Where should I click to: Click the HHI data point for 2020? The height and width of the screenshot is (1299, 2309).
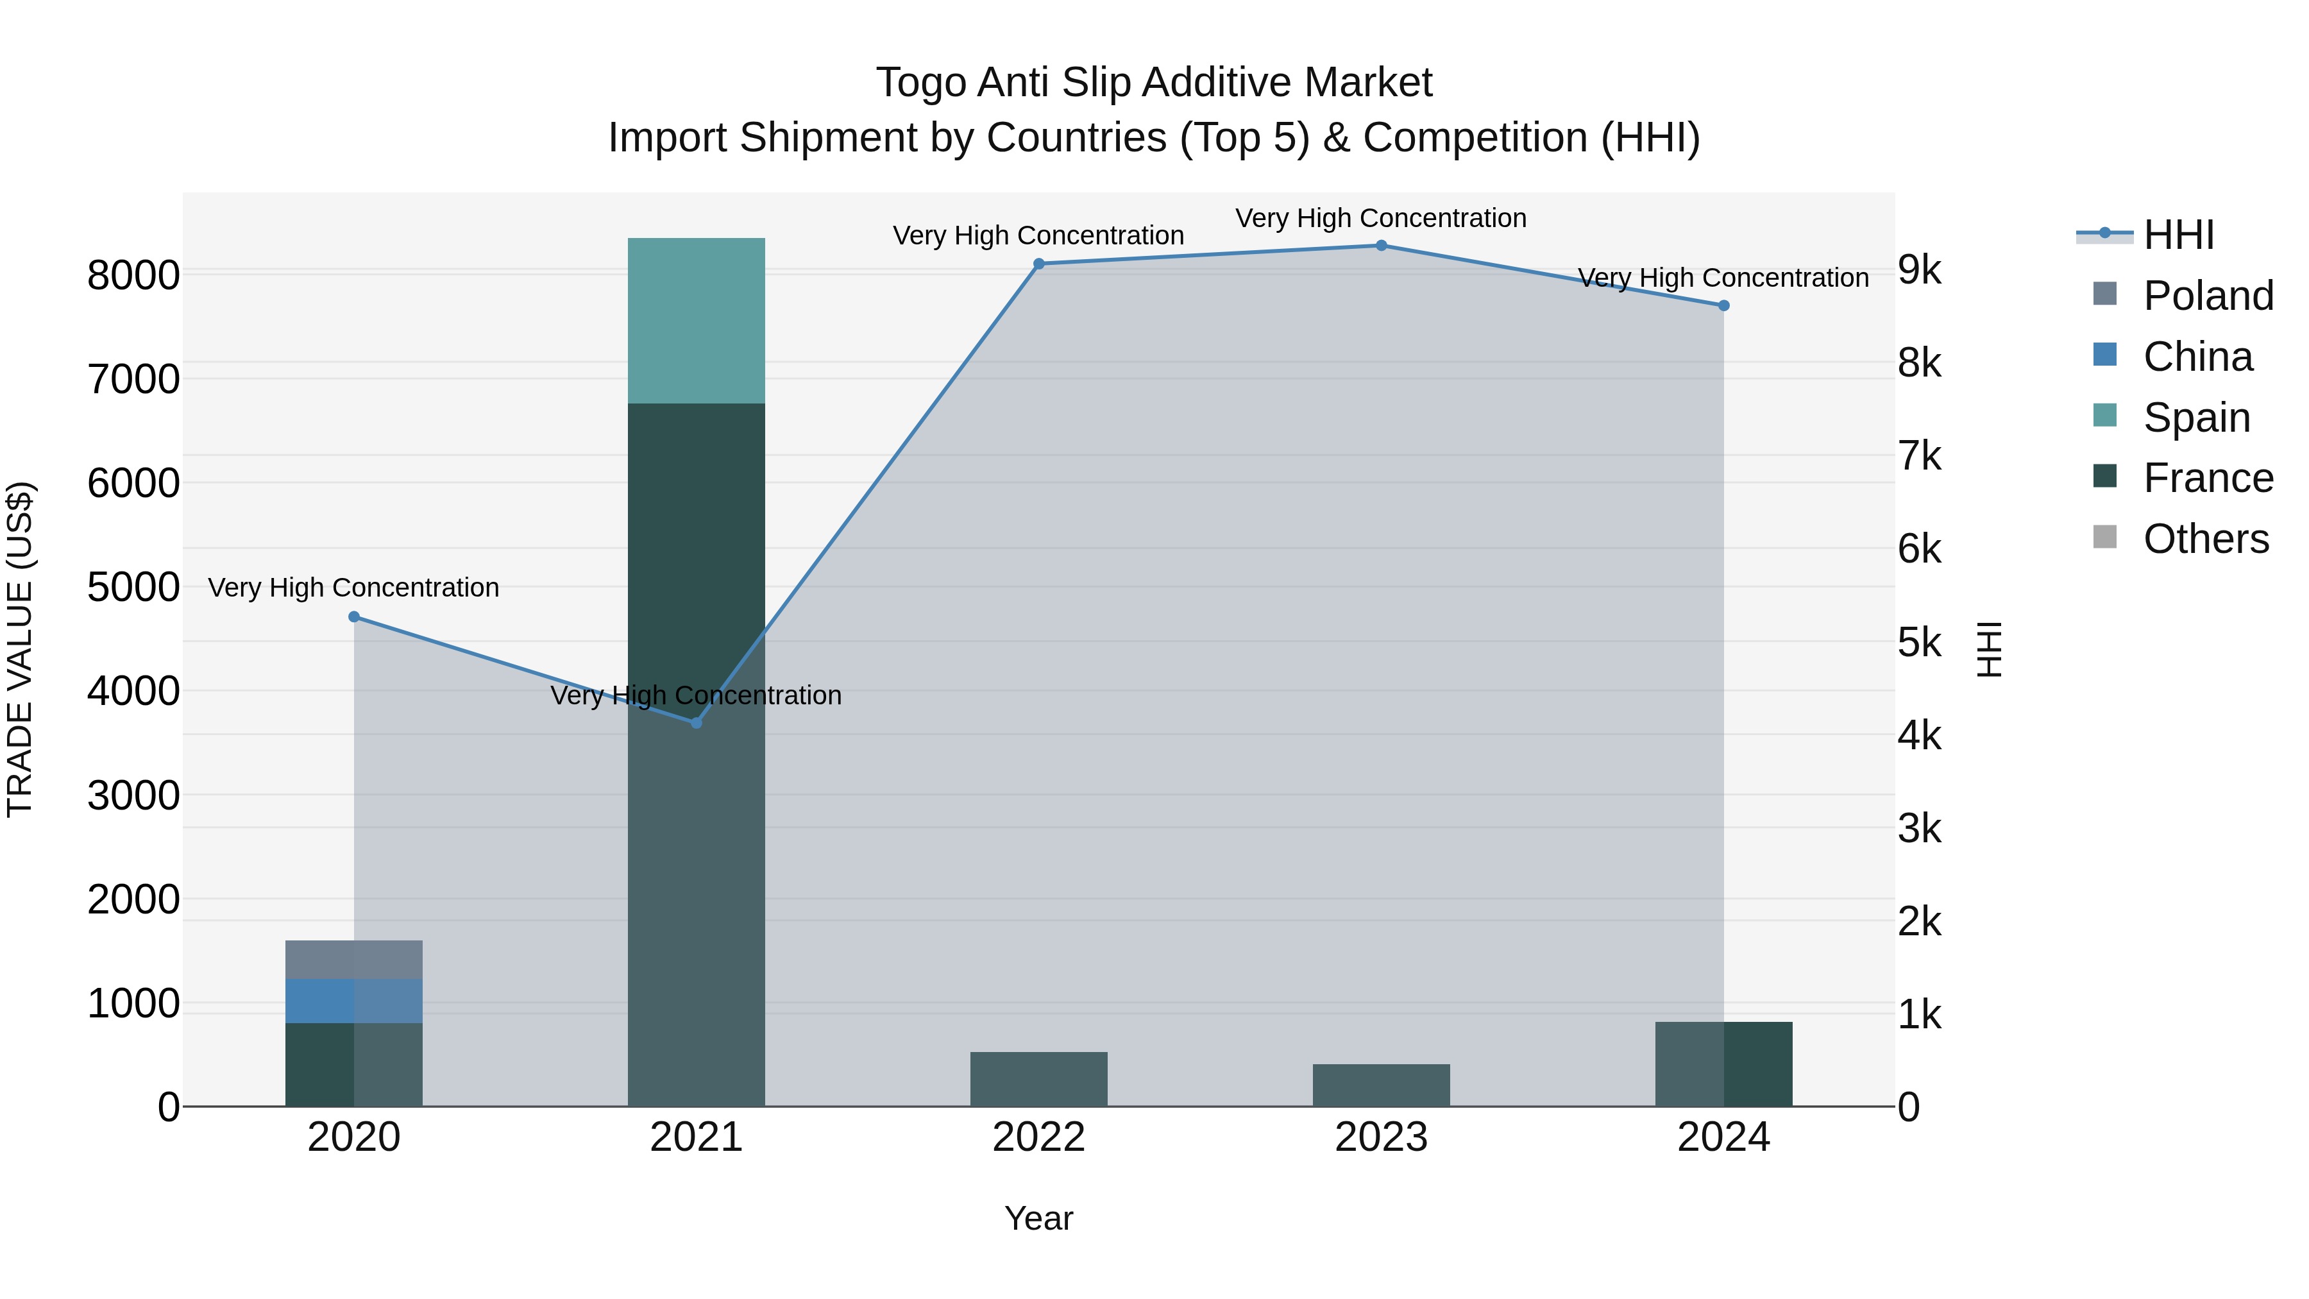click(x=354, y=616)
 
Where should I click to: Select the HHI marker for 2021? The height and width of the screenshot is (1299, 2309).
click(x=697, y=722)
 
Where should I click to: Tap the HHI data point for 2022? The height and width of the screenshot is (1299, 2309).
click(x=1039, y=264)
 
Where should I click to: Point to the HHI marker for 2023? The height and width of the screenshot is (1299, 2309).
click(x=1382, y=246)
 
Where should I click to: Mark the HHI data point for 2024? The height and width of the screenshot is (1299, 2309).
click(x=1723, y=306)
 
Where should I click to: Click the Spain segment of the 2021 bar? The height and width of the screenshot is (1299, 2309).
click(x=697, y=320)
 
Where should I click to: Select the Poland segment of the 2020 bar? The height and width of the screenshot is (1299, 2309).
click(x=354, y=959)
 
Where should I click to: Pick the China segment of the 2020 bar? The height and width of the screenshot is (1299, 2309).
click(x=354, y=1001)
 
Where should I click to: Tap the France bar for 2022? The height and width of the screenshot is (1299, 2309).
click(x=1039, y=1080)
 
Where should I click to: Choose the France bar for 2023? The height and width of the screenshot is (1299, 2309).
click(x=1382, y=1085)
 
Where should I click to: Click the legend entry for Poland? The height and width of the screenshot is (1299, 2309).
click(x=2208, y=296)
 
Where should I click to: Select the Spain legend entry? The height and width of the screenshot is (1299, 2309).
click(x=2196, y=418)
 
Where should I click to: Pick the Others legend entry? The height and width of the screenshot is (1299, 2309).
click(x=2205, y=539)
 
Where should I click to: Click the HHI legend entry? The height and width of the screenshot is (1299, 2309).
click(x=2178, y=235)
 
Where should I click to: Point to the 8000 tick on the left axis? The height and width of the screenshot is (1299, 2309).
click(x=133, y=275)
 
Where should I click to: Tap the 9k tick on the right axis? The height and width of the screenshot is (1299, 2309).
click(x=1920, y=270)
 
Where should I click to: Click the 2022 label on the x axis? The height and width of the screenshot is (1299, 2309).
click(x=1039, y=1137)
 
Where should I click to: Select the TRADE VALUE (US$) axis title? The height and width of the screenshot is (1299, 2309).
click(x=20, y=649)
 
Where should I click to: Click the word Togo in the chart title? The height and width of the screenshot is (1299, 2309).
click(x=920, y=83)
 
